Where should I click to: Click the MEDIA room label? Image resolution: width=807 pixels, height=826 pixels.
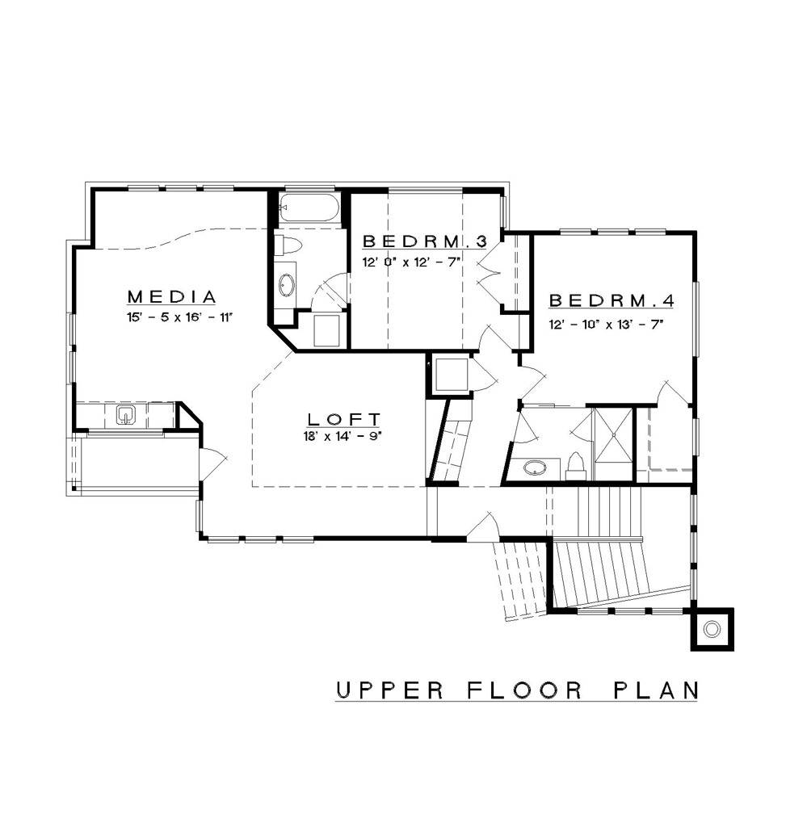[x=172, y=296]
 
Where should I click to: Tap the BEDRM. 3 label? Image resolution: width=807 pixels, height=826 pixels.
[x=424, y=241]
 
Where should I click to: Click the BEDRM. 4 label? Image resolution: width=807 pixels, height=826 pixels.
[x=612, y=301]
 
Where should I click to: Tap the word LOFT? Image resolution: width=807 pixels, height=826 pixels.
[x=344, y=419]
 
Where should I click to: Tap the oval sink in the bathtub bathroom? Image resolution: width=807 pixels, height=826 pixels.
[x=288, y=284]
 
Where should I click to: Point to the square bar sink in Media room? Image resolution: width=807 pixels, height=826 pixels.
[x=125, y=415]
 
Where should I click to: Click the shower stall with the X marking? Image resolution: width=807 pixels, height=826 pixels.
[x=615, y=434]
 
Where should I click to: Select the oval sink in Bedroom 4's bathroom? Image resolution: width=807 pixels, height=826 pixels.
[x=535, y=468]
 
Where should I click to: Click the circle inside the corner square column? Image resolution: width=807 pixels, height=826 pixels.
[x=712, y=628]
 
